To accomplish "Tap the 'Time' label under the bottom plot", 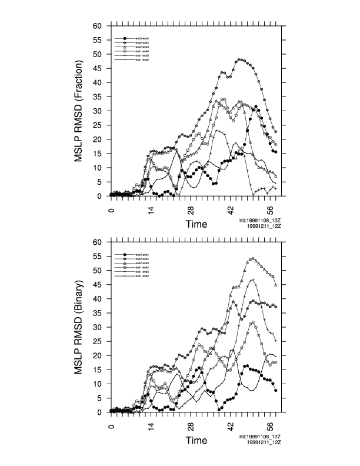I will [x=196, y=440].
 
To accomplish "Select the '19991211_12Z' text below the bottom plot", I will [x=264, y=441].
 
